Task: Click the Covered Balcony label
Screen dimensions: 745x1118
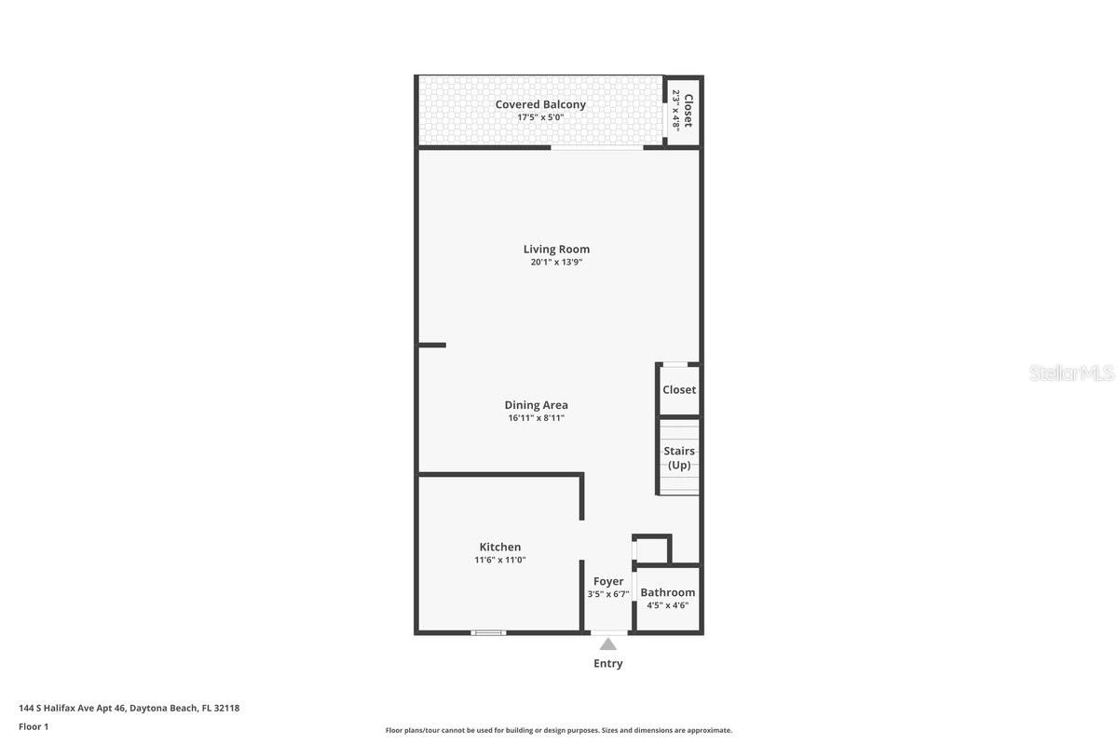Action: pos(540,104)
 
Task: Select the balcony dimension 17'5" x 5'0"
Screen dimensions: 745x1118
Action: pos(540,117)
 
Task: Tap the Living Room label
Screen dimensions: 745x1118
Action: pos(556,249)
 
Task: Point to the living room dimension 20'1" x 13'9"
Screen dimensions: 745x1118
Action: pos(556,262)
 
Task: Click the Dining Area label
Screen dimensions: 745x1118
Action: pos(536,405)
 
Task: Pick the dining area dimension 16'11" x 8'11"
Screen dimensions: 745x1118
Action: pos(536,418)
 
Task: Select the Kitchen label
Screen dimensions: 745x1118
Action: pos(500,547)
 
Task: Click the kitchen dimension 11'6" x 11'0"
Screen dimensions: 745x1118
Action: pos(500,560)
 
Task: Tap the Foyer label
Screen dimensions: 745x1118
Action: pos(608,581)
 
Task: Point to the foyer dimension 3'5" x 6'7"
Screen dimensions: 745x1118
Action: pos(608,594)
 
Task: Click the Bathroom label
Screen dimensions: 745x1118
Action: pos(667,592)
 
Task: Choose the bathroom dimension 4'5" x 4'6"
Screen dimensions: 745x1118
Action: pos(667,605)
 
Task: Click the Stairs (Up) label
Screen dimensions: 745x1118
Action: pos(679,457)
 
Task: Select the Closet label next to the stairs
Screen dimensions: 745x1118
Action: pos(679,389)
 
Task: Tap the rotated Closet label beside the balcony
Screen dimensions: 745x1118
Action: pos(689,111)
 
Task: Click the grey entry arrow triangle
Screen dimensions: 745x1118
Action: pos(607,643)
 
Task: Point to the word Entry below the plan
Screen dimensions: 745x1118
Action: pos(607,663)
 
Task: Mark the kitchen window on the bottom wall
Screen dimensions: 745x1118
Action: pos(488,633)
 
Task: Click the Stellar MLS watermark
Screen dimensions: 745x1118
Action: pos(1071,372)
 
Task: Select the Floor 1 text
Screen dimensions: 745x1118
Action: pos(34,726)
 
